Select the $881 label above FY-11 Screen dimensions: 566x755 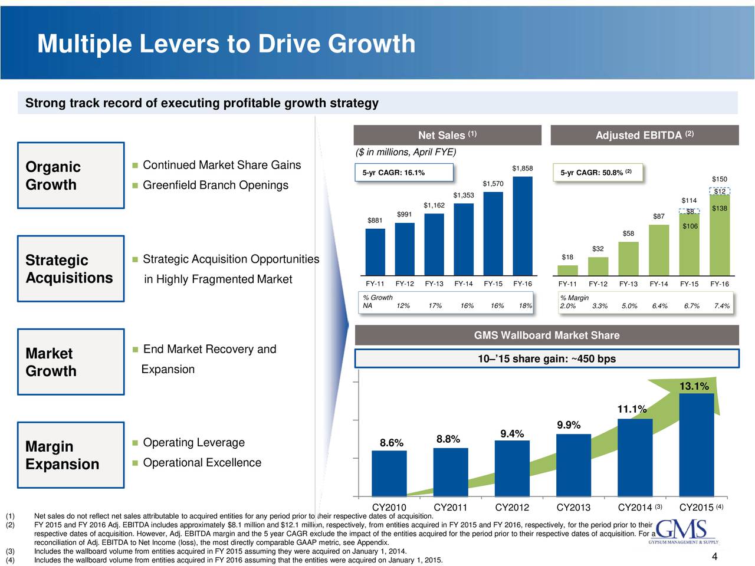pos(375,221)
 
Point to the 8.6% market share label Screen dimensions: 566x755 pos(392,443)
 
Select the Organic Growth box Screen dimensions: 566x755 pos(71,176)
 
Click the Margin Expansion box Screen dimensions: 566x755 pos(71,455)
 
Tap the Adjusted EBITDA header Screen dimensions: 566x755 pos(644,136)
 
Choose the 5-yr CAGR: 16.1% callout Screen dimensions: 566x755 pos(404,172)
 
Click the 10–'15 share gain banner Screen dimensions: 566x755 pos(547,359)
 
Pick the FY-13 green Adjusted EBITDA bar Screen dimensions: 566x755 pos(628,258)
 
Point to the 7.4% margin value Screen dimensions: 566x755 pos(721,306)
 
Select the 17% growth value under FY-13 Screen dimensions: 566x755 pos(435,306)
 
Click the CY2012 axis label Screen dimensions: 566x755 pos(511,508)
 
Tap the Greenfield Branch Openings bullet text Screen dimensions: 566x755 pos(215,186)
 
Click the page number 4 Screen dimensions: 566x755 pos(714,557)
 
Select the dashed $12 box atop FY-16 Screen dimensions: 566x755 pos(720,191)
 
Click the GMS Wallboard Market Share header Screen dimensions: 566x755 pos(547,335)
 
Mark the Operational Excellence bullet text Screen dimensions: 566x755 pos(202,463)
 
